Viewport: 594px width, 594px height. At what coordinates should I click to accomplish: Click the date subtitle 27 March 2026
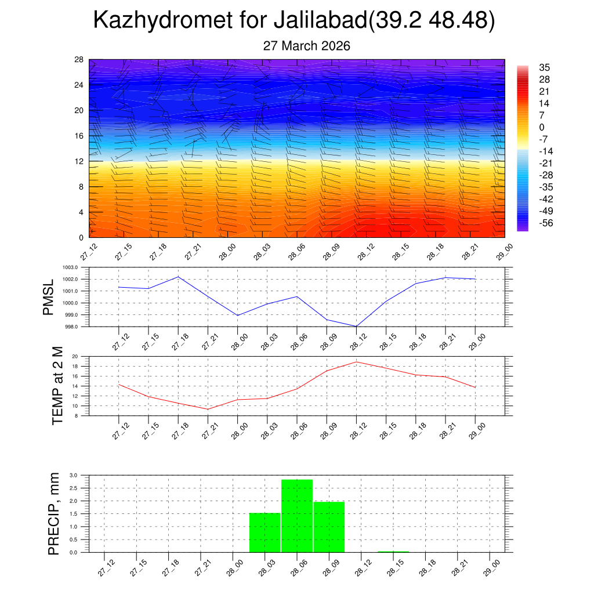coord(307,46)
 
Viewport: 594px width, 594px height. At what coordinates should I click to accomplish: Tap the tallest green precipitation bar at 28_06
coord(297,516)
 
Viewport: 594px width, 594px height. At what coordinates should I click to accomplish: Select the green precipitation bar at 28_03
coord(265,533)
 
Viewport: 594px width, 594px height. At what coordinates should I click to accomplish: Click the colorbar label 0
coord(542,128)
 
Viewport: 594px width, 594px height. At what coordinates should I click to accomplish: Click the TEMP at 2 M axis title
coord(57,385)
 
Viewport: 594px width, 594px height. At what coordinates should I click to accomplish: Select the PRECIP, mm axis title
coord(54,513)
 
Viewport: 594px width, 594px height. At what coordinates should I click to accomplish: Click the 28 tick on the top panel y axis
coord(79,59)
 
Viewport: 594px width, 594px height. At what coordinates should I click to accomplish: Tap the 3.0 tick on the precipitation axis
coord(74,475)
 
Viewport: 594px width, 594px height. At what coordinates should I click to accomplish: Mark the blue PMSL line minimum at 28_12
coord(356,326)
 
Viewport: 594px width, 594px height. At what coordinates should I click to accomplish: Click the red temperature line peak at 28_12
coord(356,362)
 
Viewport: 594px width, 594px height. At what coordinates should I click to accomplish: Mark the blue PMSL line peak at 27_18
coord(179,277)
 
